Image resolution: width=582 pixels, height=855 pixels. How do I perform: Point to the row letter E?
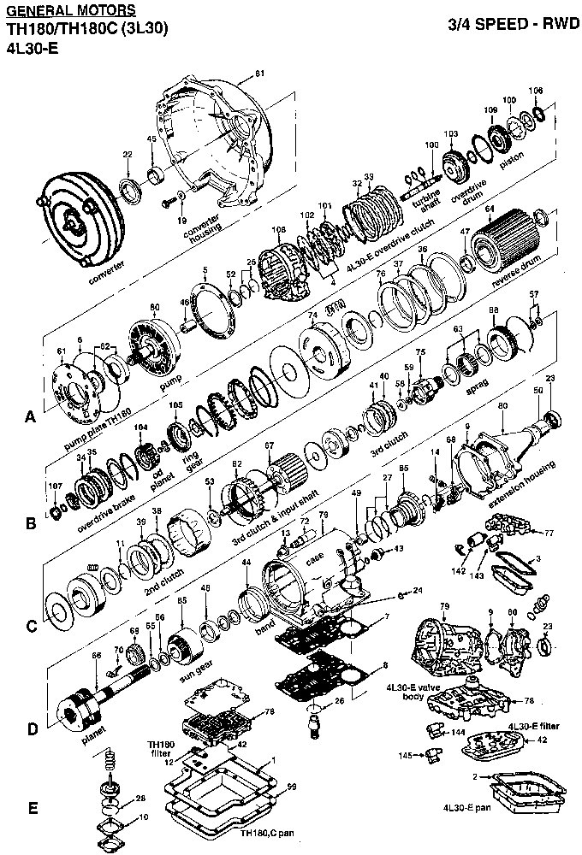(x=32, y=808)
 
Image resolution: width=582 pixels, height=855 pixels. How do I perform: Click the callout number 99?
(x=292, y=786)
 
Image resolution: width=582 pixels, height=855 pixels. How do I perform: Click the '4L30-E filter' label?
(x=534, y=725)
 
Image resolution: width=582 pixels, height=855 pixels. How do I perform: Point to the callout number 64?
(x=490, y=208)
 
